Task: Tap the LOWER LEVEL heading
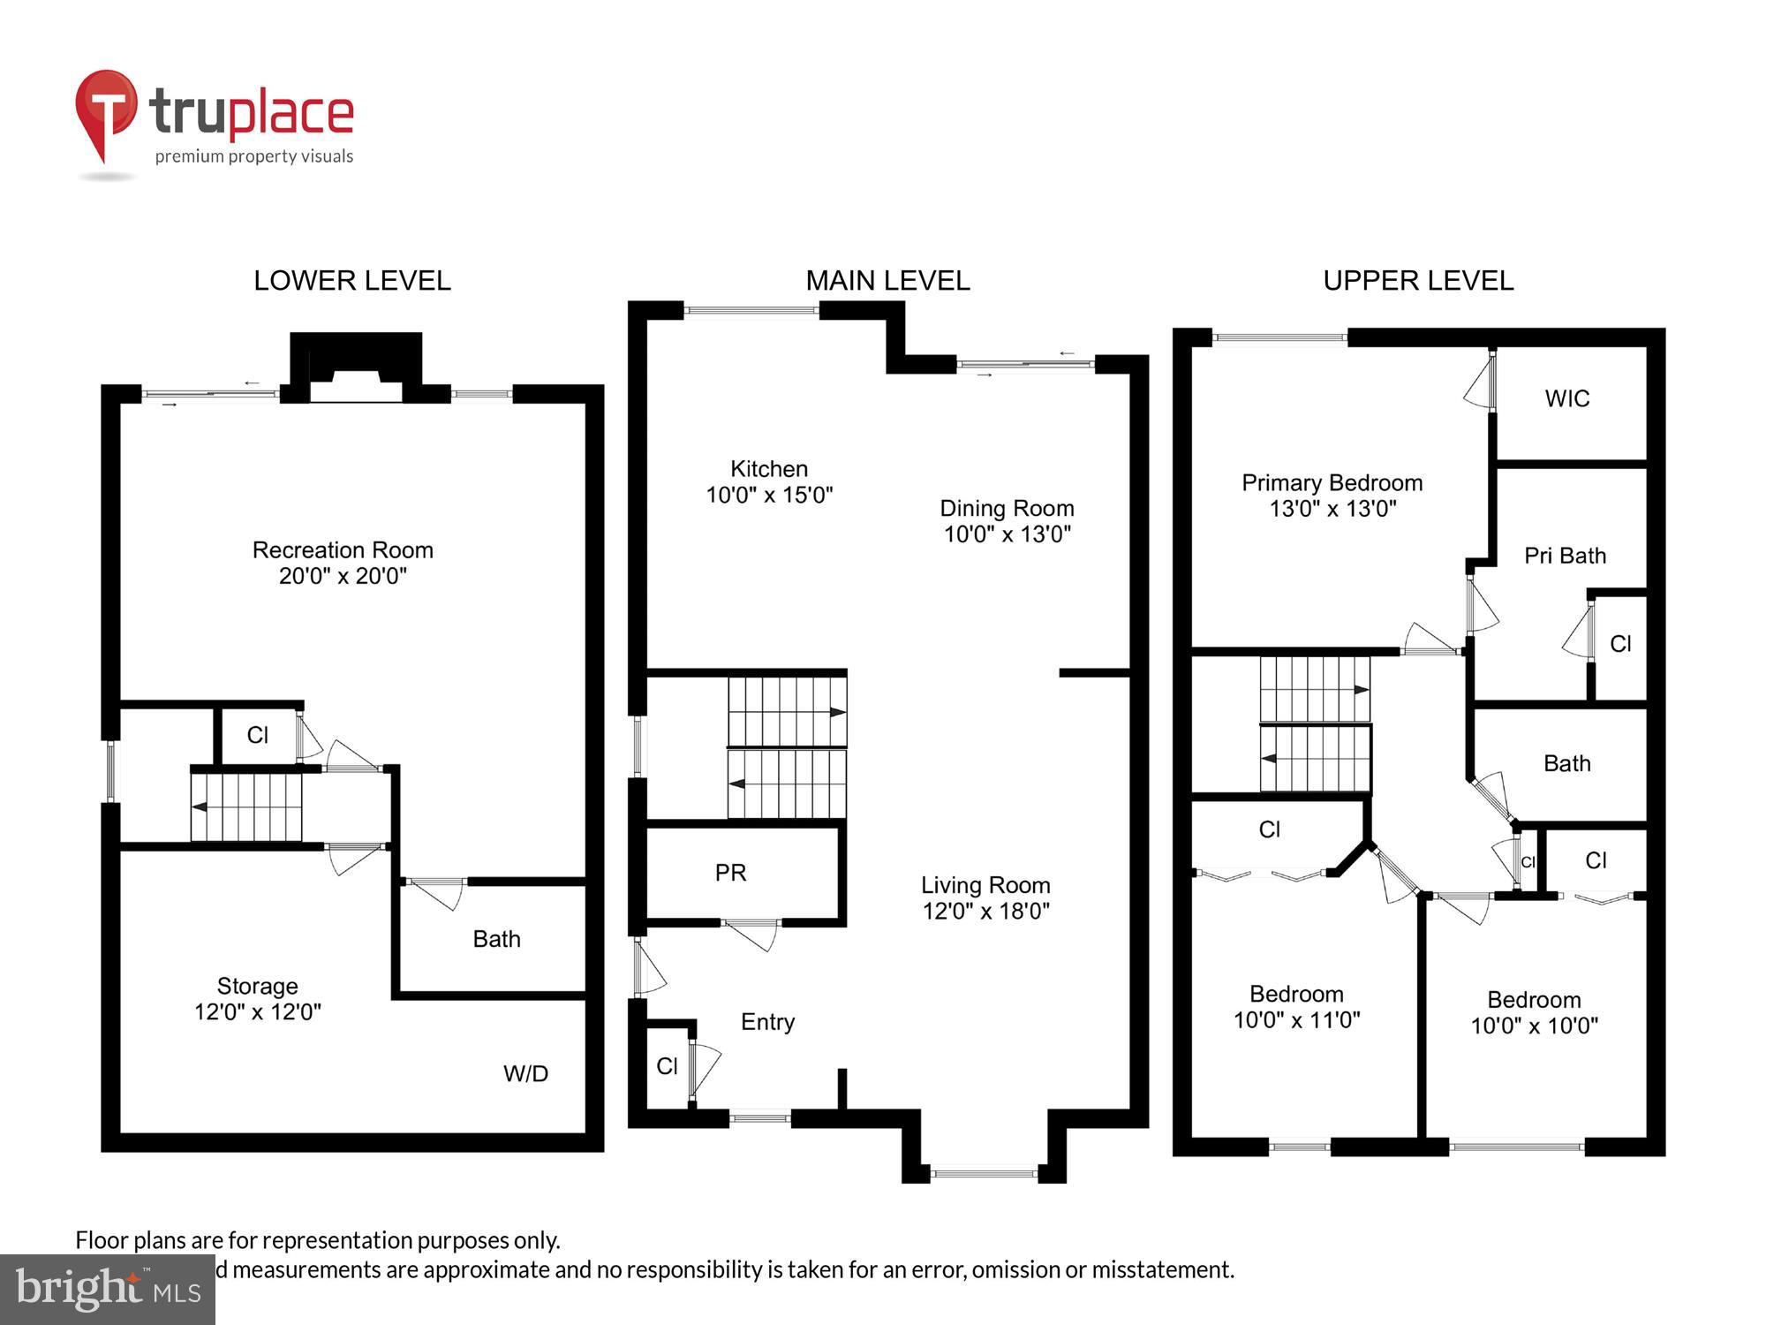(x=351, y=281)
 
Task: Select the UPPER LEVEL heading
(x=1417, y=281)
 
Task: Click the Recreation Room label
(x=343, y=550)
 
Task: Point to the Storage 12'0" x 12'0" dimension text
(x=257, y=1012)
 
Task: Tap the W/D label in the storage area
(x=525, y=1073)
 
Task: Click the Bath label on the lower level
(x=496, y=939)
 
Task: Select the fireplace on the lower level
(x=356, y=367)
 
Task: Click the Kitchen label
(x=768, y=469)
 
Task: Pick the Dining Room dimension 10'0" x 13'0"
(x=1007, y=534)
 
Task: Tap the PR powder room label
(x=730, y=873)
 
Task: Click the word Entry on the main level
(x=767, y=1022)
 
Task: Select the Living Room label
(x=985, y=885)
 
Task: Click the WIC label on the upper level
(x=1566, y=399)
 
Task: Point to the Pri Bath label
(x=1565, y=556)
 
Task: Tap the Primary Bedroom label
(x=1332, y=483)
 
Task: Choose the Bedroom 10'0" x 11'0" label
(x=1296, y=1007)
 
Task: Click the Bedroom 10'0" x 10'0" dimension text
(x=1534, y=1026)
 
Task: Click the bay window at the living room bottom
(x=984, y=1173)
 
